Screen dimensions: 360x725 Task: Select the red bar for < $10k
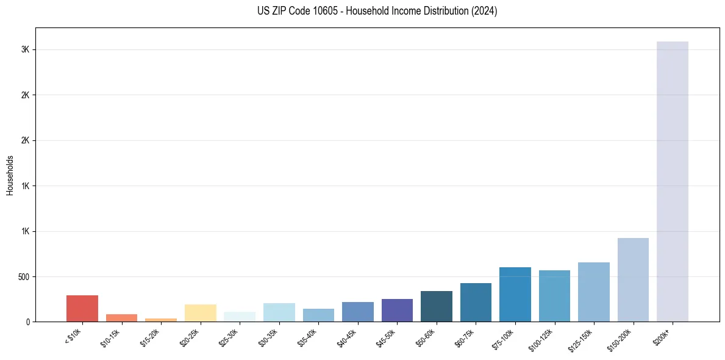click(82, 308)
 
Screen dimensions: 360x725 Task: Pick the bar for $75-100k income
click(515, 294)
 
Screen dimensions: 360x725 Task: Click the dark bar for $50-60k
click(436, 306)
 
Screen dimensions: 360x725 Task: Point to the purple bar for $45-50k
click(397, 310)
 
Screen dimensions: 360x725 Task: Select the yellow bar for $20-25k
click(200, 312)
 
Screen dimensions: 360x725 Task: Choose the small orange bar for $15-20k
click(161, 320)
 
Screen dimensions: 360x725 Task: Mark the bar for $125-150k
click(593, 292)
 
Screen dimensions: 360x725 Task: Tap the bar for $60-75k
click(476, 302)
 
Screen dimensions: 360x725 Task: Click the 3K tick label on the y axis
click(26, 50)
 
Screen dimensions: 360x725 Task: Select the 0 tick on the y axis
click(28, 322)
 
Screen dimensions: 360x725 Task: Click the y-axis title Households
click(10, 175)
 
